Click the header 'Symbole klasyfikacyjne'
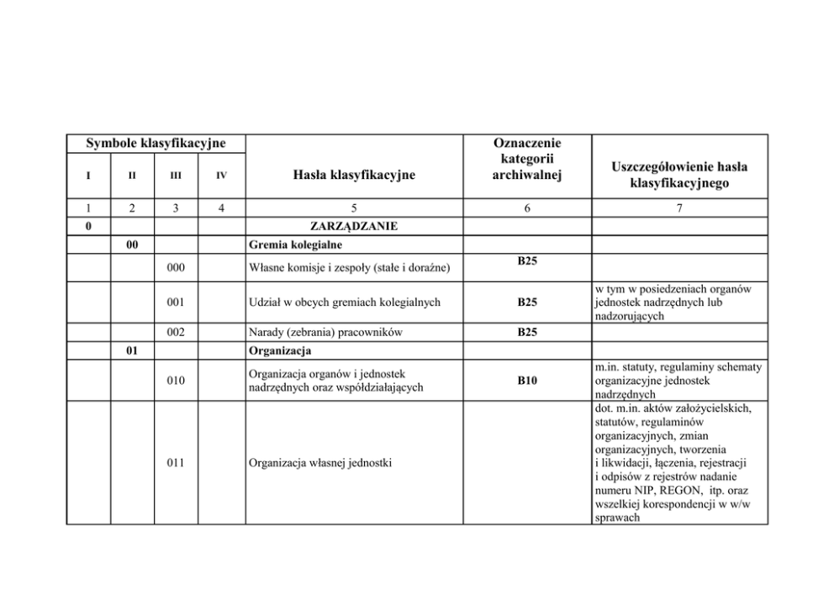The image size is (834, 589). point(156,145)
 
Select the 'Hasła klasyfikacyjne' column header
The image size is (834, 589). point(354,175)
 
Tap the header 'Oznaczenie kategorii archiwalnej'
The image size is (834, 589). point(527,159)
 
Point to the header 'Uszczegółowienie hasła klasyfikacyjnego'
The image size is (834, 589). point(680,175)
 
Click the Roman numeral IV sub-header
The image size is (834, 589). point(221,176)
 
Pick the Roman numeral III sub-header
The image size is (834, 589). point(176,176)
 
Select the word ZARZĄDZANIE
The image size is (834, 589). point(354,226)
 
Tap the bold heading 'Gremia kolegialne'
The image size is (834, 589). point(295,245)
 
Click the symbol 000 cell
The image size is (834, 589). point(176,268)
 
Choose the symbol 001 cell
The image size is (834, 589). point(176,302)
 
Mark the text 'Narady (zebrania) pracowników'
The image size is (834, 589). point(325,332)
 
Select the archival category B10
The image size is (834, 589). point(527,381)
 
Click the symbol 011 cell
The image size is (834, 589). point(176,462)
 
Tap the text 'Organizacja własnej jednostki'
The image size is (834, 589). point(321,462)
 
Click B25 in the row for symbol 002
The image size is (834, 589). point(527,332)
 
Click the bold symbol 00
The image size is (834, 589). point(132,245)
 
